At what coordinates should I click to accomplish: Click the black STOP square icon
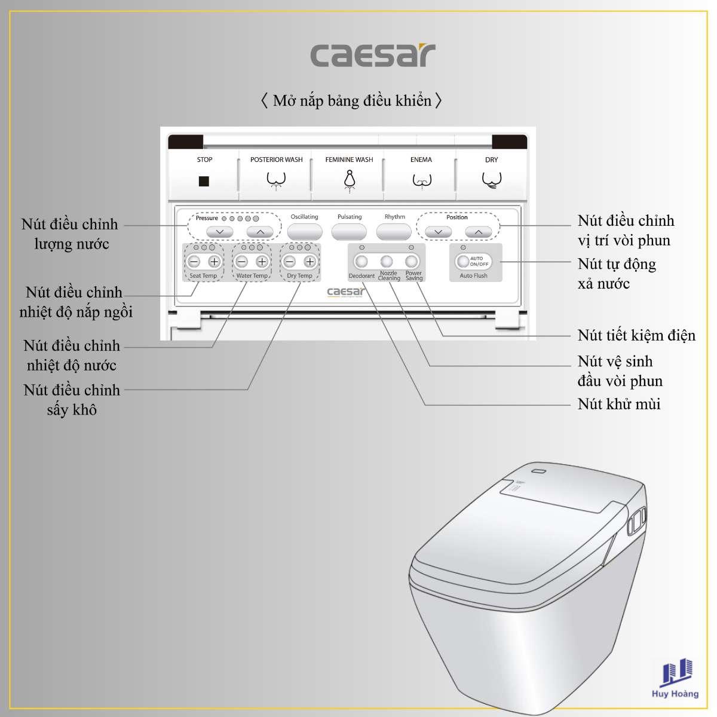click(x=204, y=181)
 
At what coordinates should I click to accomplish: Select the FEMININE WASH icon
click(x=349, y=181)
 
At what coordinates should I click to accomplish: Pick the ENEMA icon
click(x=422, y=181)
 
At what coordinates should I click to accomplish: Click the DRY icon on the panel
click(x=492, y=180)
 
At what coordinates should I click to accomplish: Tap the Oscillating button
click(x=304, y=232)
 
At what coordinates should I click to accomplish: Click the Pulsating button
click(x=349, y=232)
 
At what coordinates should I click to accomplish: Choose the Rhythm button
click(x=394, y=232)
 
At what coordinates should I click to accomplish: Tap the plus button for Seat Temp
click(x=214, y=262)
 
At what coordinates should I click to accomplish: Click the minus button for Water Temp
click(x=242, y=262)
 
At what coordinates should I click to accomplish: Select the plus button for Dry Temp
click(x=310, y=262)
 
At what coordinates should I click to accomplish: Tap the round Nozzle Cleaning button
click(x=387, y=262)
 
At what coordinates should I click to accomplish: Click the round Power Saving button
click(x=412, y=262)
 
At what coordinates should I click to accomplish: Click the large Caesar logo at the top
click(x=373, y=55)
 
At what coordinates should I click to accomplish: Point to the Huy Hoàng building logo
click(x=675, y=678)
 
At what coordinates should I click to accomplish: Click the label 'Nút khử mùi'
click(x=619, y=404)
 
